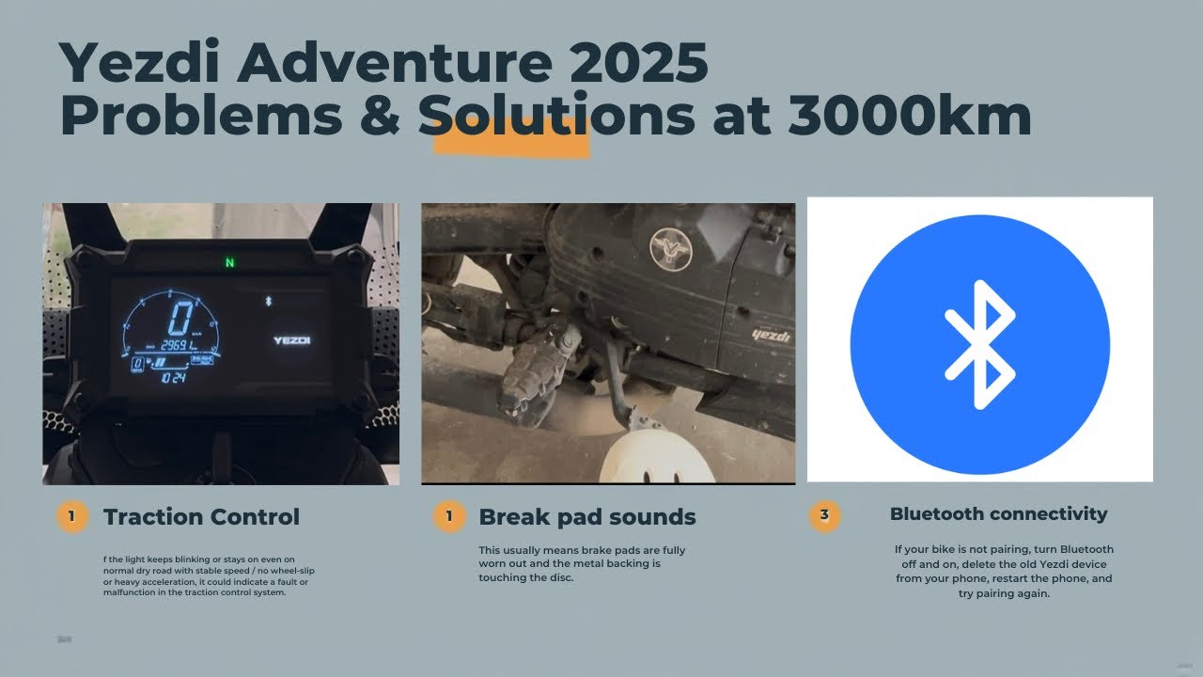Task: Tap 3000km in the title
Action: pos(909,117)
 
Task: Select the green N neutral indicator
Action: pos(228,262)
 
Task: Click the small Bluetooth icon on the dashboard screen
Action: pos(266,300)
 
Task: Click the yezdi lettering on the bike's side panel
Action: pos(771,334)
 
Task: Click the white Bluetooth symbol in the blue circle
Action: pos(979,344)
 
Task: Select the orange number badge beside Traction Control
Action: pos(72,516)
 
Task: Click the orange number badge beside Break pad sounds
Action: pos(448,516)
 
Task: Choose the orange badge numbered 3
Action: pos(824,515)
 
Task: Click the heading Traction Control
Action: pos(201,517)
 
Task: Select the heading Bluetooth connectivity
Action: pos(998,514)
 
